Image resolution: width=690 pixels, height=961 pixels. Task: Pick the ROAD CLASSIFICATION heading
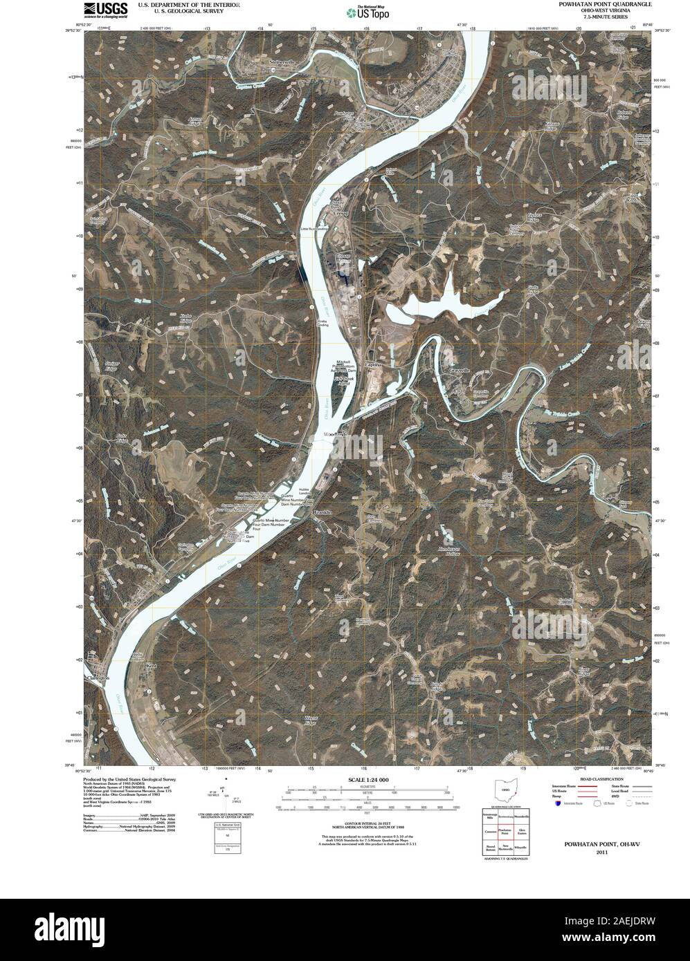[x=594, y=778]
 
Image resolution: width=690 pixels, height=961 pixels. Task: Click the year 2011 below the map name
[x=594, y=853]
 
